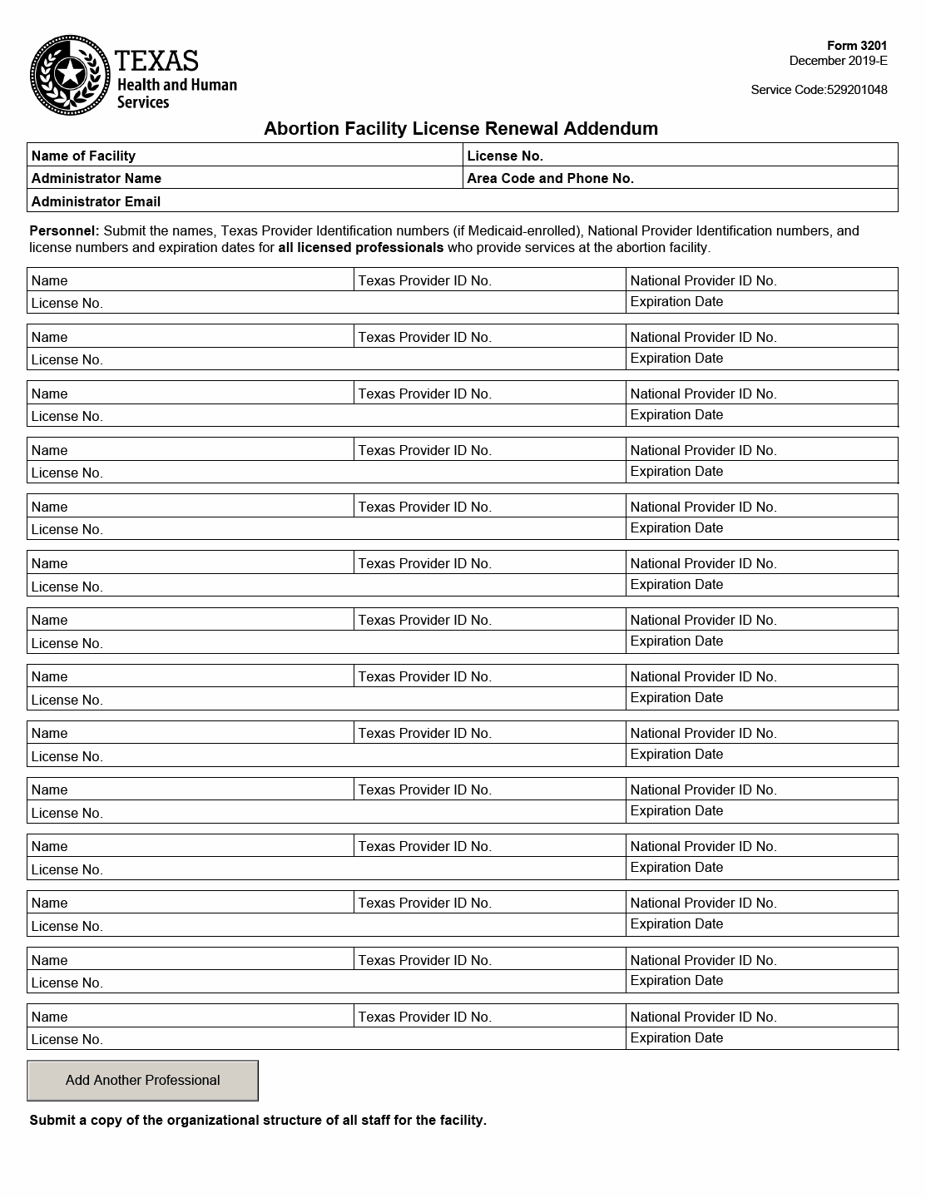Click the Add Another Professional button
tap(142, 1080)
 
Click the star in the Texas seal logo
tap(70, 74)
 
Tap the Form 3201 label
tap(857, 47)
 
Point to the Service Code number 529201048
tap(857, 90)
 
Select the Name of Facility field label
tap(83, 156)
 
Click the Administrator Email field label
tap(96, 201)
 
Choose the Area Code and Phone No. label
tap(550, 178)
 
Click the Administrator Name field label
tap(97, 178)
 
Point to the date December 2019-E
tap(838, 61)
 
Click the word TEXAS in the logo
tap(156, 61)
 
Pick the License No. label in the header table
tap(505, 156)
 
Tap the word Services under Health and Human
tap(142, 102)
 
